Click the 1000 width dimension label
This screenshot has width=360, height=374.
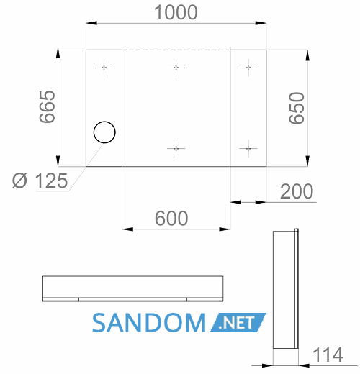[176, 12]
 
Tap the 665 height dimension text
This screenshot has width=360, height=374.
[48, 107]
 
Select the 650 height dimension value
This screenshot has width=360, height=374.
[297, 108]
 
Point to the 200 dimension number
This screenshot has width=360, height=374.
[297, 191]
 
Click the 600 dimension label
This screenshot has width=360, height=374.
[171, 218]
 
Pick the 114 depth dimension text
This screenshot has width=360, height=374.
[328, 355]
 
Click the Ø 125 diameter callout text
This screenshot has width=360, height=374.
[40, 181]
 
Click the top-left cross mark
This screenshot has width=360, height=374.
[104, 68]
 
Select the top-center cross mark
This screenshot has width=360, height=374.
[176, 68]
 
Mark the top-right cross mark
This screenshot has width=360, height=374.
[248, 68]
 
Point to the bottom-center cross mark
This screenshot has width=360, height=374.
[176, 149]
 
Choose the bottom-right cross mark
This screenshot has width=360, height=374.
[248, 149]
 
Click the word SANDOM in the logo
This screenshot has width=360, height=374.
[149, 323]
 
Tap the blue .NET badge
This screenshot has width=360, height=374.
[238, 323]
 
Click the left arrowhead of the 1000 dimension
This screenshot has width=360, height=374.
[91, 23]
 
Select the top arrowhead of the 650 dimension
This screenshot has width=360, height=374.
[307, 55]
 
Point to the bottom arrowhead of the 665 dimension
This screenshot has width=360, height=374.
[58, 161]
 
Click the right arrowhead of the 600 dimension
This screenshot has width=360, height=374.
[225, 229]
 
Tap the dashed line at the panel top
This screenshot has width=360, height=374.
[176, 50]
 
